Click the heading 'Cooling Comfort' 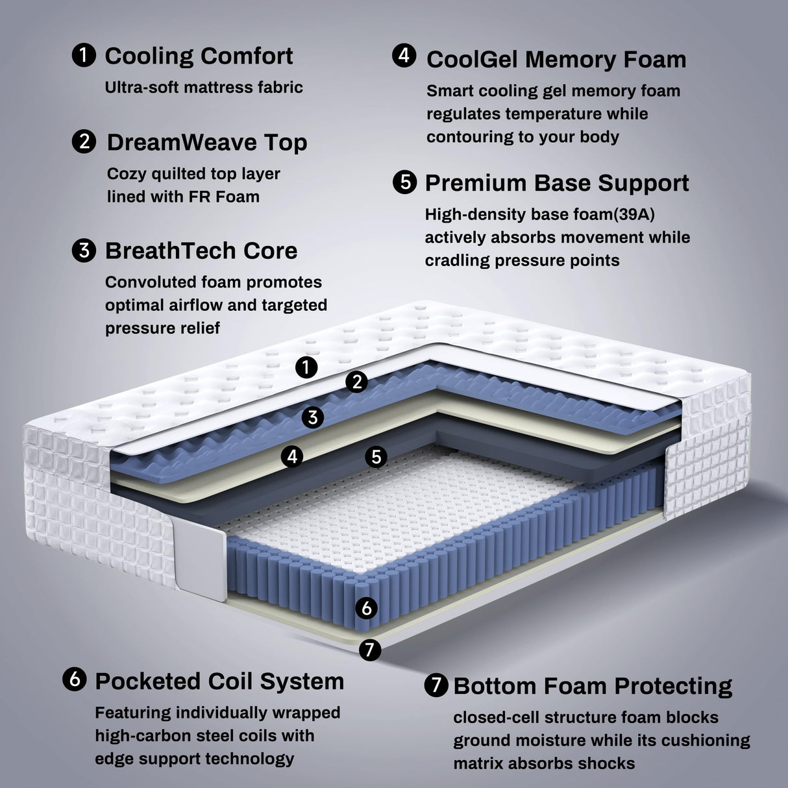click(199, 56)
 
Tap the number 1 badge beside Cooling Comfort click(84, 55)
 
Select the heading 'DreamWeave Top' click(206, 143)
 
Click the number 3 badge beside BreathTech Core click(84, 251)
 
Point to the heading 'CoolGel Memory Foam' click(556, 60)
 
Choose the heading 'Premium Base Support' click(556, 184)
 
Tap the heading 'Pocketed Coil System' click(219, 682)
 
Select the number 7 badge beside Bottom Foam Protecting click(436, 685)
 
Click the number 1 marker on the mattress click(306, 367)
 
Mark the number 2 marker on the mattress click(356, 382)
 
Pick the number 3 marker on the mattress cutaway click(313, 417)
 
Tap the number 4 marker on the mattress click(292, 457)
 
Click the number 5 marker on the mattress click(376, 457)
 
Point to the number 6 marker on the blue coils click(367, 608)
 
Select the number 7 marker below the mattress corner click(370, 649)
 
